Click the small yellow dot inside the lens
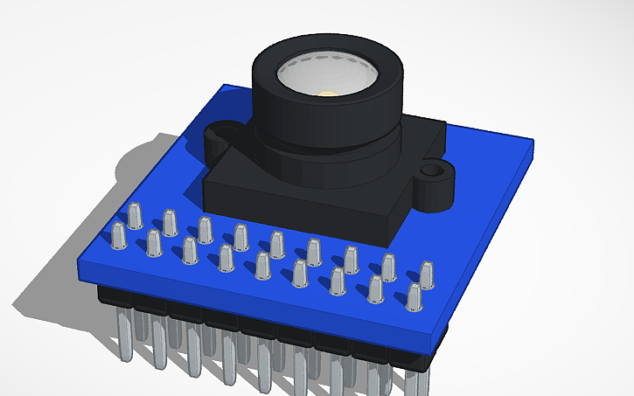click(x=325, y=93)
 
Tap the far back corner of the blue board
click(x=226, y=87)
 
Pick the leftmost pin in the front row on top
click(x=118, y=235)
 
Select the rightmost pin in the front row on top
click(x=414, y=297)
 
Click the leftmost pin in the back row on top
click(x=135, y=215)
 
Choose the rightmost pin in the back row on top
click(x=428, y=274)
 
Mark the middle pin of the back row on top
click(x=277, y=244)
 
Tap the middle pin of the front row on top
click(x=262, y=267)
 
